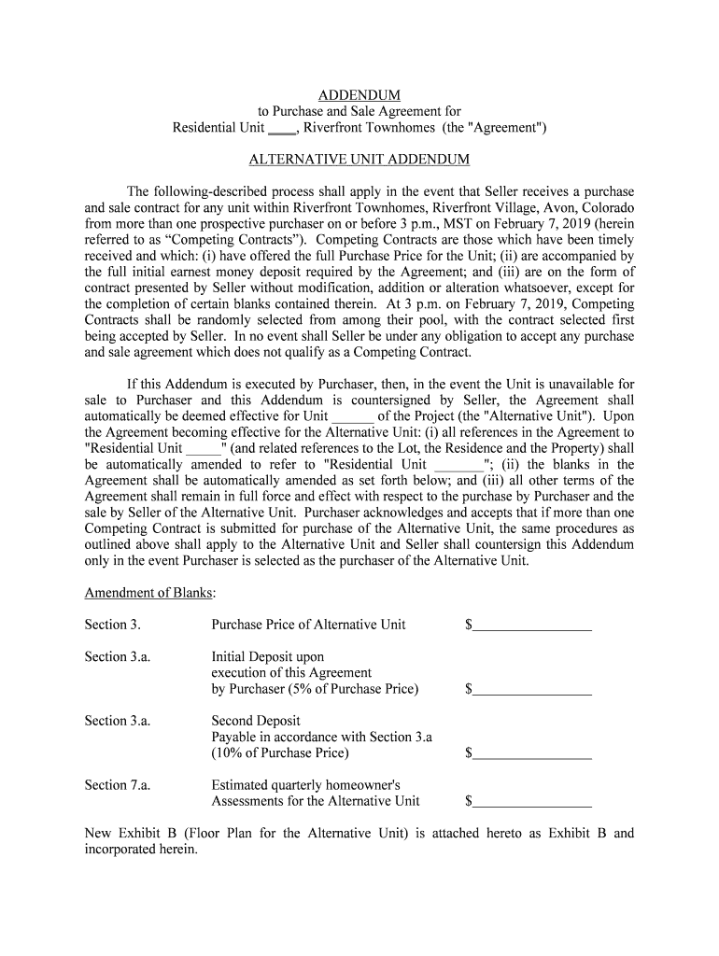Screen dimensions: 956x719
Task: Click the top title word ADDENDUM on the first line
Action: click(x=359, y=95)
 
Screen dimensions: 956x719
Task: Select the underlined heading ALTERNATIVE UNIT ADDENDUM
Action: click(x=359, y=160)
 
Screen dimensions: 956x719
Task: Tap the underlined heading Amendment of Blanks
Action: click(x=150, y=593)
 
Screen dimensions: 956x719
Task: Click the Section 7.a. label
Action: click(x=118, y=785)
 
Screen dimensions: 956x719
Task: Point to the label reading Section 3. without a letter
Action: click(x=113, y=625)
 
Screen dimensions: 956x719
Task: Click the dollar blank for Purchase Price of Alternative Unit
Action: click(x=532, y=626)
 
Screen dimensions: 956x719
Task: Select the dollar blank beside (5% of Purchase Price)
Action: click(x=532, y=690)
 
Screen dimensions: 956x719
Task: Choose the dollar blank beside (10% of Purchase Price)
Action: click(x=532, y=753)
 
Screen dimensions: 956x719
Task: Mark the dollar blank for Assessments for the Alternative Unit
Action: click(x=532, y=801)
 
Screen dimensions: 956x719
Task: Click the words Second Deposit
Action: click(x=256, y=721)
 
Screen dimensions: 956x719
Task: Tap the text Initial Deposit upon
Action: click(x=268, y=656)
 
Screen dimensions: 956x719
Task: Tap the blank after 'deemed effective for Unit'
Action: click(x=353, y=416)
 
